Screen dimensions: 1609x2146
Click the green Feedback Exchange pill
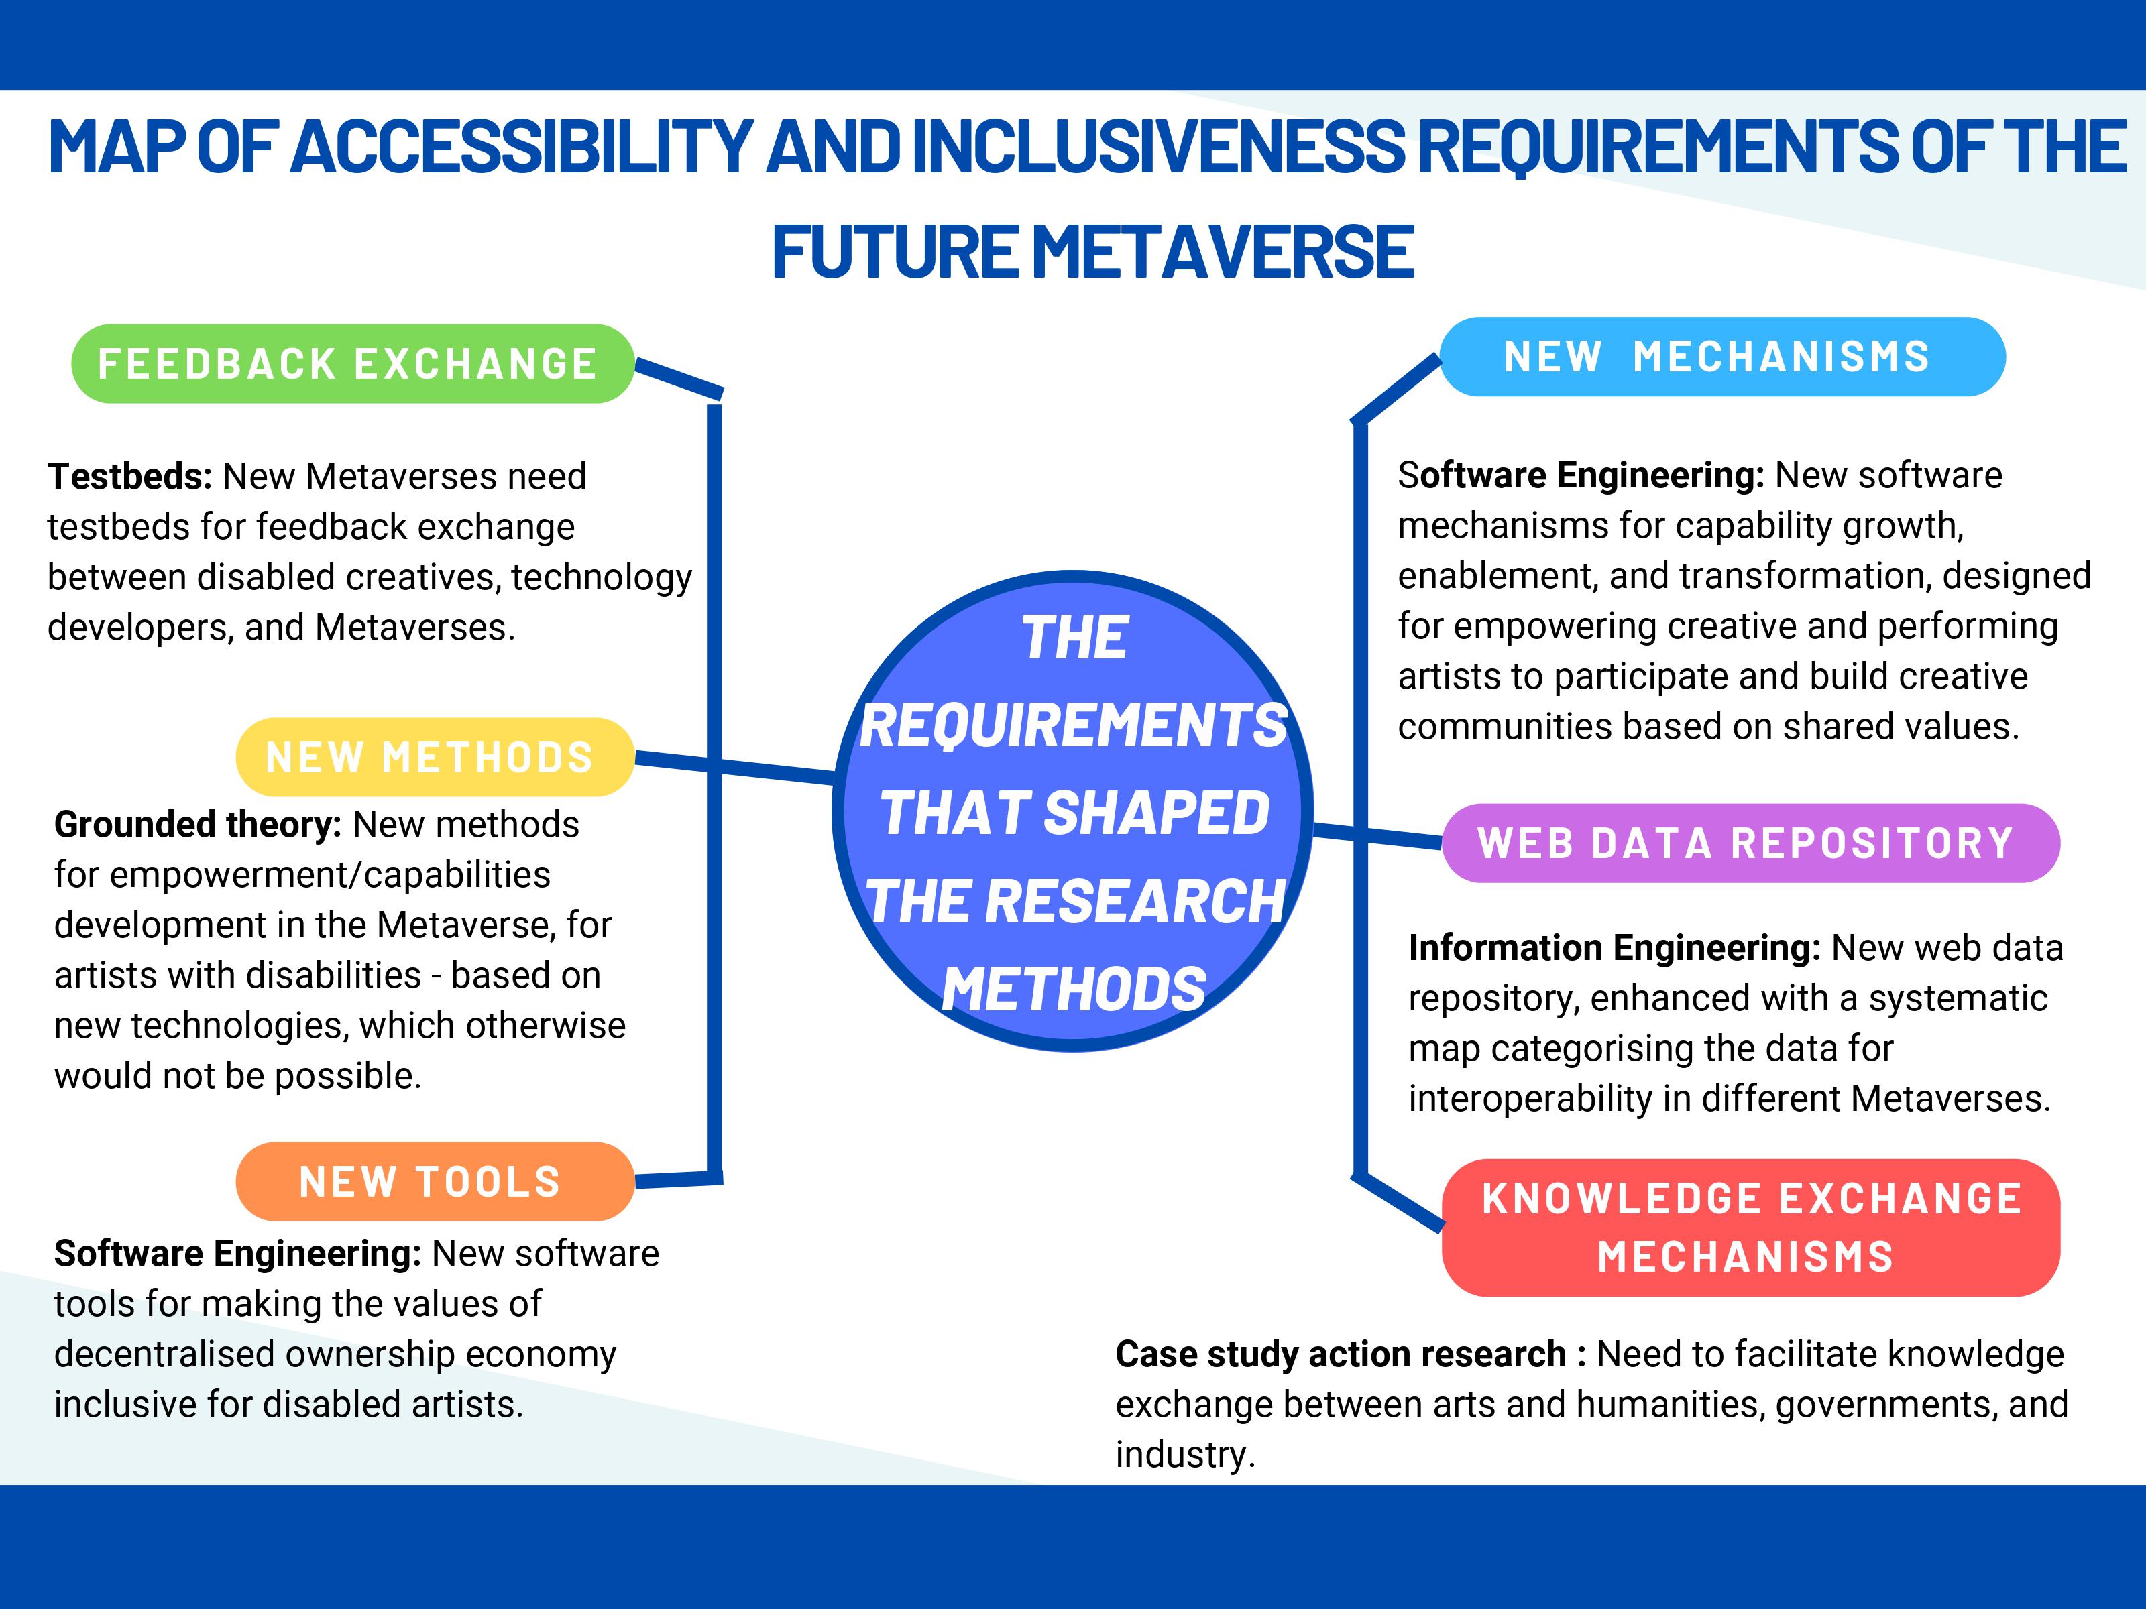coord(352,363)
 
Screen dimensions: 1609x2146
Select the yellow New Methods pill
coord(435,758)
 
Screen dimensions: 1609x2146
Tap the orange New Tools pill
coord(435,1181)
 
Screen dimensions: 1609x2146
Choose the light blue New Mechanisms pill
coord(1722,357)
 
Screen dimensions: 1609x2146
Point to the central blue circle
coord(1073,811)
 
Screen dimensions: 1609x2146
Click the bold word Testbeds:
coord(129,476)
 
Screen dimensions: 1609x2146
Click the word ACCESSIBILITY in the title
coord(522,147)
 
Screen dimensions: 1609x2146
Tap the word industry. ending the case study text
coord(1184,1455)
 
